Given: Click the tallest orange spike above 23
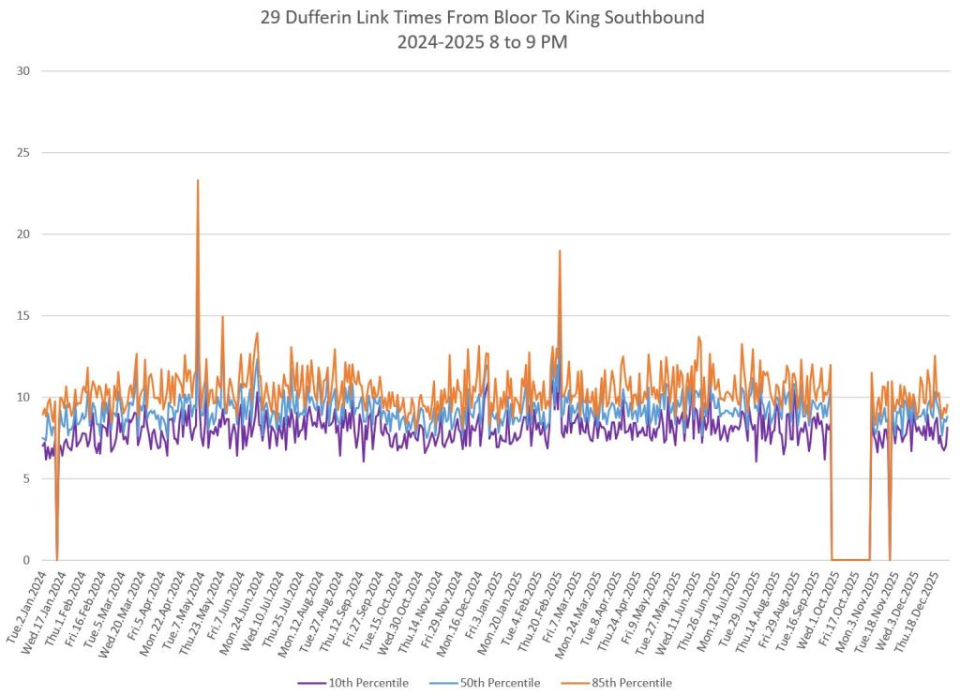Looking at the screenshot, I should pos(198,181).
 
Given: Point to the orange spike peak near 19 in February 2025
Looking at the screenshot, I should pos(560,251).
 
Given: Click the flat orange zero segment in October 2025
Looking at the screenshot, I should pos(851,560).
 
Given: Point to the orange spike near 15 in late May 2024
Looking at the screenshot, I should pos(222,317).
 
